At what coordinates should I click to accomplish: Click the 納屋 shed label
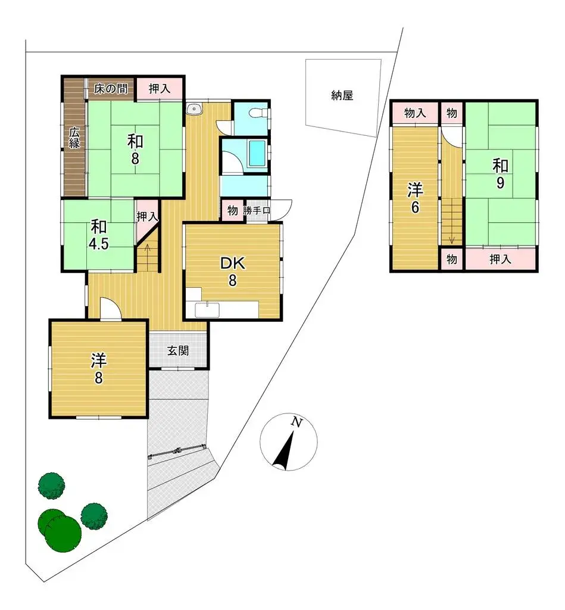click(342, 95)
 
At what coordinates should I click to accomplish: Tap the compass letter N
click(296, 423)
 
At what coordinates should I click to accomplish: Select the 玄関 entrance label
click(177, 351)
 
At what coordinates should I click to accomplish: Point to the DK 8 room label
click(232, 272)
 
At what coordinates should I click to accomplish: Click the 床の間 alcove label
click(111, 89)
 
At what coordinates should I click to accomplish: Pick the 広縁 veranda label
click(74, 138)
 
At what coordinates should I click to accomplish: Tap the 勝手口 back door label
click(257, 210)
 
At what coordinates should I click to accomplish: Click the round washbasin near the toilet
click(194, 108)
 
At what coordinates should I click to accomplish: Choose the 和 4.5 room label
click(99, 235)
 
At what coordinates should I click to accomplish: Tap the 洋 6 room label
click(415, 199)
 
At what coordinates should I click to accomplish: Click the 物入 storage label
click(415, 113)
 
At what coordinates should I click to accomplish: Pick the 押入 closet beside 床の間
click(159, 89)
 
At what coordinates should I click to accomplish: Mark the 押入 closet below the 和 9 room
click(500, 259)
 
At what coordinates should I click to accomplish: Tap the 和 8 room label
click(135, 150)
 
